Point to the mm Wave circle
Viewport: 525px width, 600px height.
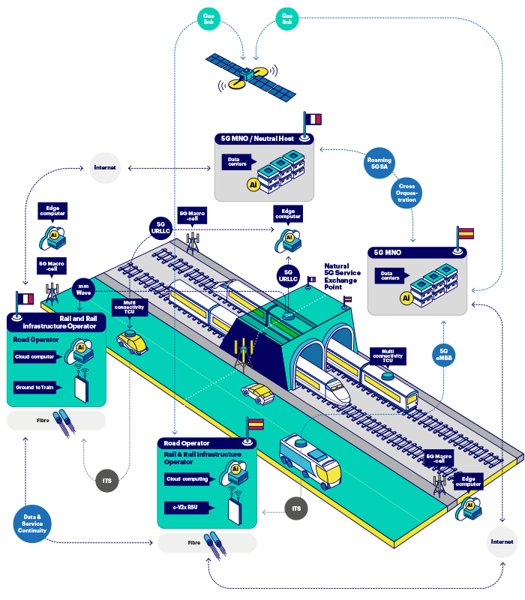coord(83,289)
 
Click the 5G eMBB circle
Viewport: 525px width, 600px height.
coord(443,356)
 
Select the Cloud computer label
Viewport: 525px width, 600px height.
coord(35,356)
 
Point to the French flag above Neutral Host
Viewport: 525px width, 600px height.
coord(313,119)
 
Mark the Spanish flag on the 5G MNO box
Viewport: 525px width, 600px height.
coord(466,234)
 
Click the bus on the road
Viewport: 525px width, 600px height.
coord(310,458)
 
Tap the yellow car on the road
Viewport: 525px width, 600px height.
coord(132,342)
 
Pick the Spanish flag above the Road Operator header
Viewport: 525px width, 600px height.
coord(255,424)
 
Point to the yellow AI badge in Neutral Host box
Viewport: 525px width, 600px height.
coord(253,184)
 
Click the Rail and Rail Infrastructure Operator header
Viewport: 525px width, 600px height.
coord(57,322)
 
